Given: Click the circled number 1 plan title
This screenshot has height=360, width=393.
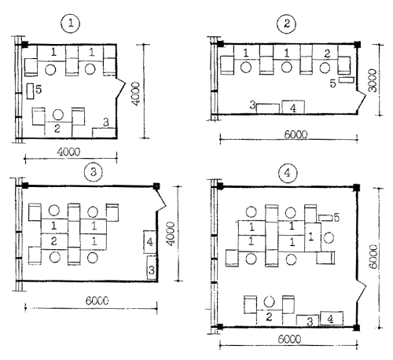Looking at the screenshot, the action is coord(71,24).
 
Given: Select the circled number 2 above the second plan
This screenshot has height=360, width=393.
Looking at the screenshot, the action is coord(287,24).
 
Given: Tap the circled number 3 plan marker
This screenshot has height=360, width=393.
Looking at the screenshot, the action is coord(94,172).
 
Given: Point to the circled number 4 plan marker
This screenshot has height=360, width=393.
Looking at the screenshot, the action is coord(288,173).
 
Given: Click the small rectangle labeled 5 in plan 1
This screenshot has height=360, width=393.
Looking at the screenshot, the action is coord(31,91).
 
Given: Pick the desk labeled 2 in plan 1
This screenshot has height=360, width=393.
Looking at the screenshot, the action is coord(58,130).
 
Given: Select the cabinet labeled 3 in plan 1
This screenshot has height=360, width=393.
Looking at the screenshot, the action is coord(104,133).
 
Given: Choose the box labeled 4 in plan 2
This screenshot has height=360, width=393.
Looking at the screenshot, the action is coord(293,107).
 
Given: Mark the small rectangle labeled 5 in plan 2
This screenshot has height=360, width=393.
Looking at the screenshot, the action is coord(347,80).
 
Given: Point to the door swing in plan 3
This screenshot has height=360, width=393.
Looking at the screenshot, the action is coord(160,199).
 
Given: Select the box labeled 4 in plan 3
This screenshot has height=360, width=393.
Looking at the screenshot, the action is coord(150,241).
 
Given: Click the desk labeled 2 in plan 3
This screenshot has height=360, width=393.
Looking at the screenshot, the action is coord(54,241).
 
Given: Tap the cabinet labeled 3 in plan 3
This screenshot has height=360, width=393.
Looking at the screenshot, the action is coord(152,267).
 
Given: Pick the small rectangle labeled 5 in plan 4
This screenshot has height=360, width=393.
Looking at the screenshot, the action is coord(325,218).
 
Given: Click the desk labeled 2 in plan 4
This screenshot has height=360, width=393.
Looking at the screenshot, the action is coord(270,318).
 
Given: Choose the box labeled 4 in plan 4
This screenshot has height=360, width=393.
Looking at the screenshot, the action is coord(332,318).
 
